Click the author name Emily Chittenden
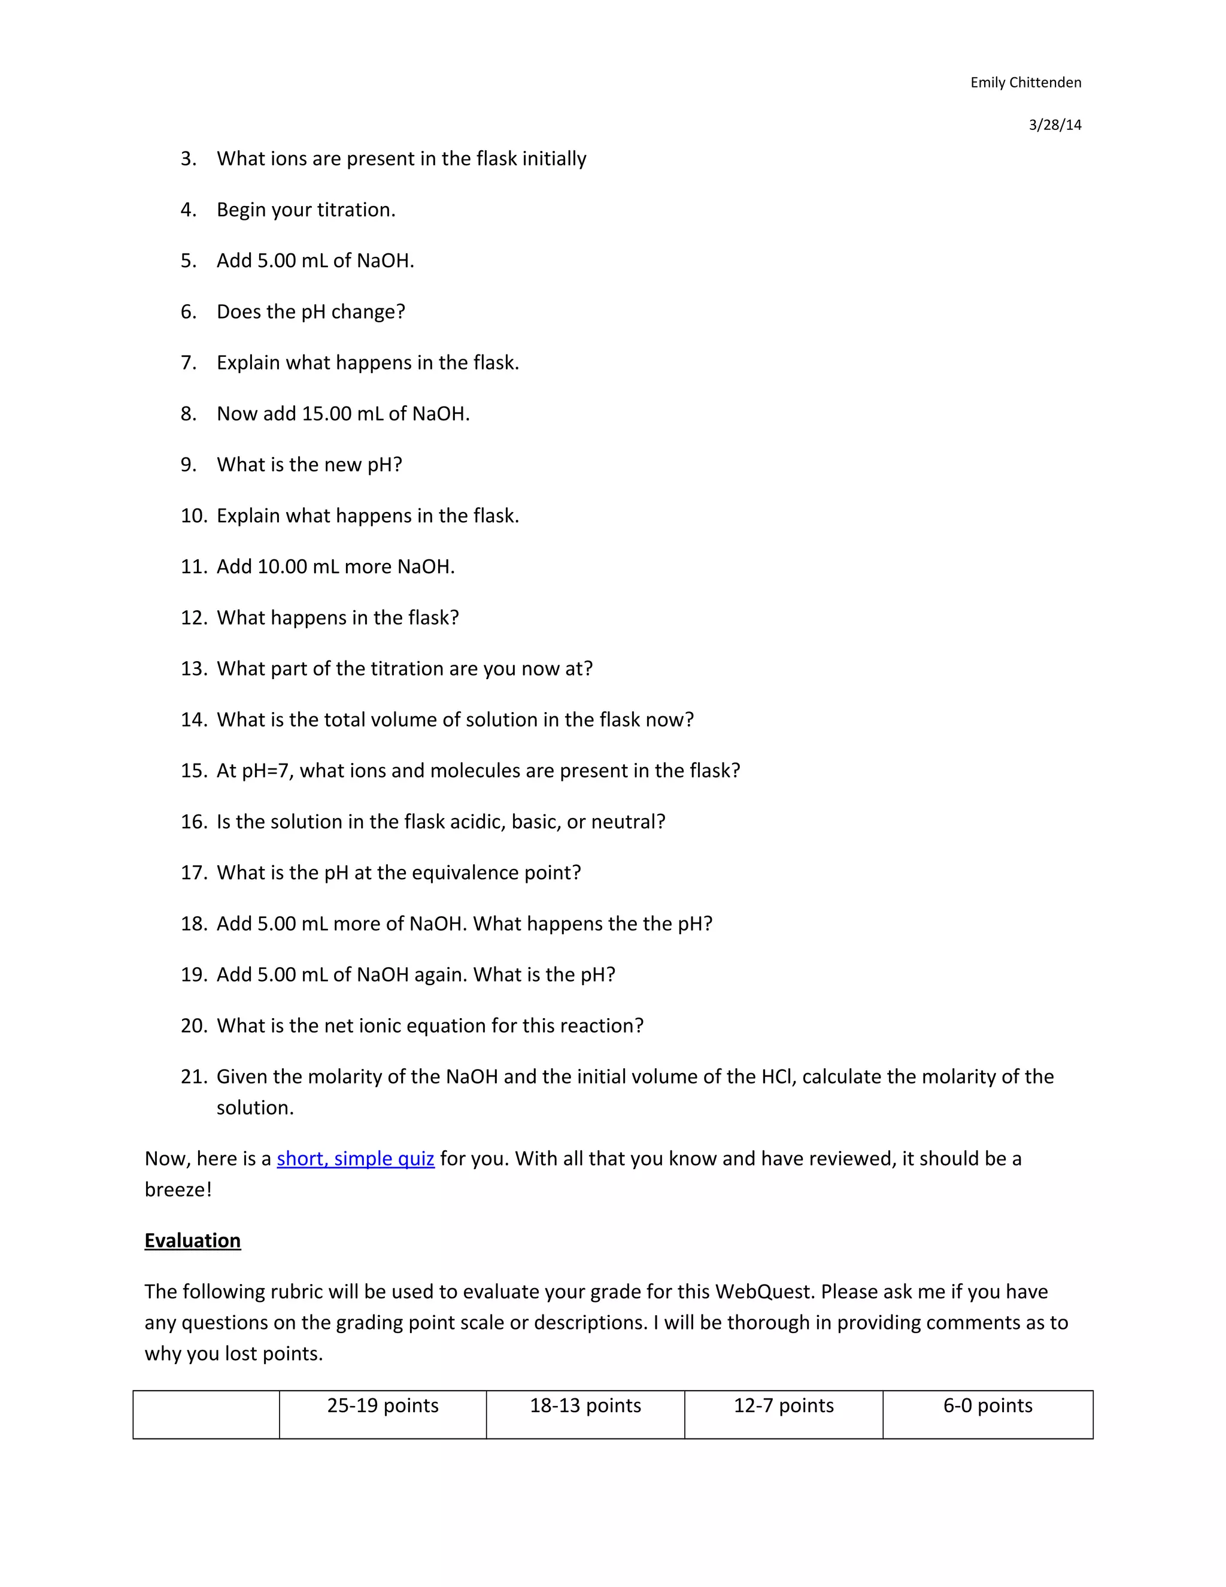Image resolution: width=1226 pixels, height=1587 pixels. coord(1025,83)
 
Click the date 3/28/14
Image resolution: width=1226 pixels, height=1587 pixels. coord(1055,125)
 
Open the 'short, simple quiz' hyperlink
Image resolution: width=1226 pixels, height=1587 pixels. coord(355,1158)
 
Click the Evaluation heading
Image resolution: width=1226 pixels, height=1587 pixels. coord(193,1240)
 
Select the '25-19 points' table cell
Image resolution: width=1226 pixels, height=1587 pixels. coord(383,1406)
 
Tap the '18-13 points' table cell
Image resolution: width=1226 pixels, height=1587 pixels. coord(585,1406)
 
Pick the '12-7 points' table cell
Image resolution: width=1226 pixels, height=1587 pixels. coord(784,1406)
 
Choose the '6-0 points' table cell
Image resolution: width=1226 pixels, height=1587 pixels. coord(988,1406)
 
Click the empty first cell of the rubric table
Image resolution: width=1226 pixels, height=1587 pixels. coord(207,1414)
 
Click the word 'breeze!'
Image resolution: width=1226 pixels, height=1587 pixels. coord(178,1189)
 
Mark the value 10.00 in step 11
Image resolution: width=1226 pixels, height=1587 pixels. coord(283,567)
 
